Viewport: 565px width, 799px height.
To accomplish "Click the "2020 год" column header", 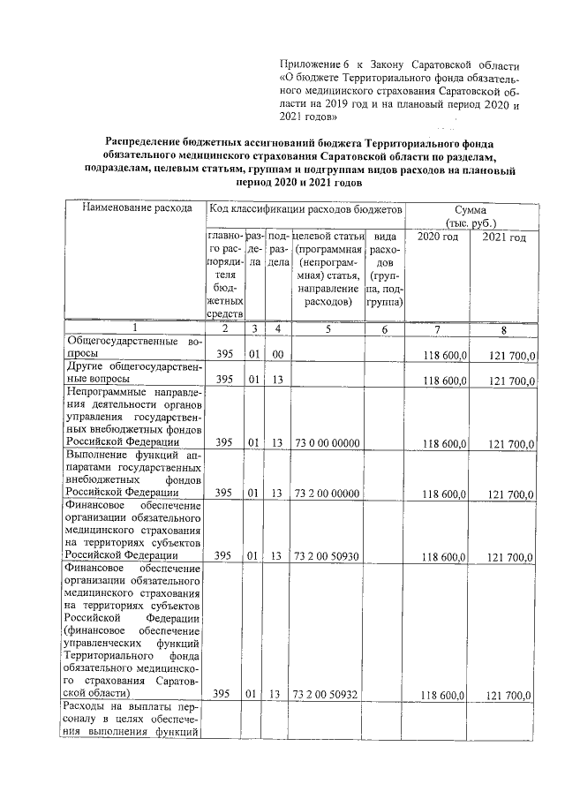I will (437, 237).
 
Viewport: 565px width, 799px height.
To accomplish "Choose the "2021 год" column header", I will (504, 237).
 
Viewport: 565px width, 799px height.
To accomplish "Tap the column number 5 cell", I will (328, 329).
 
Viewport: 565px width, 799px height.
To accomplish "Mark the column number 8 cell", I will (504, 329).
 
